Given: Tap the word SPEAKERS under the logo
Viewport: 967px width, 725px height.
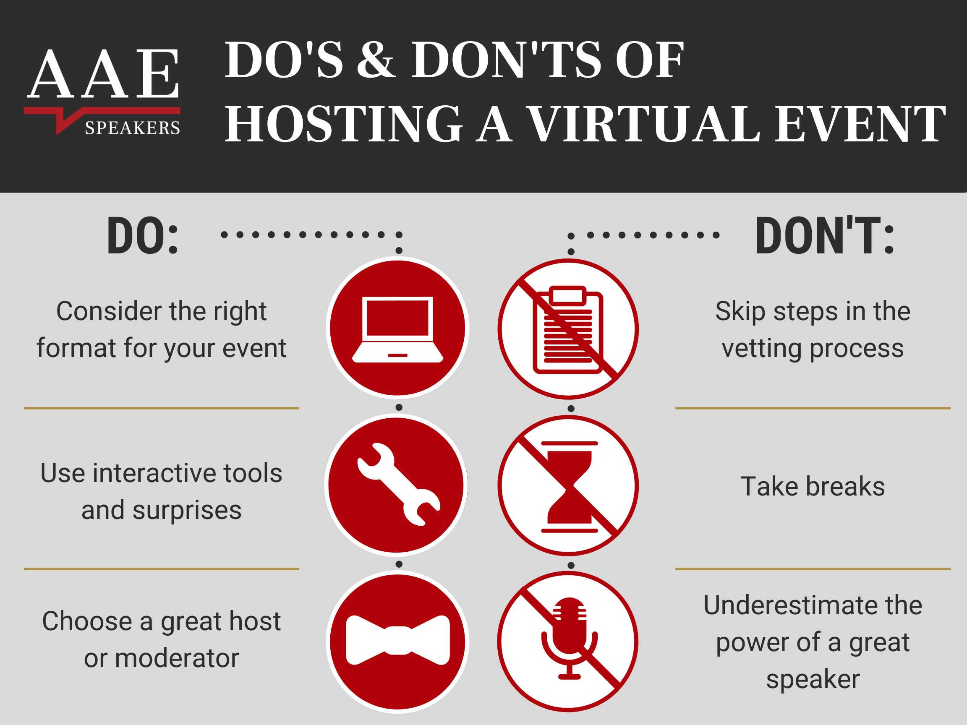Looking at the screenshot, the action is (133, 128).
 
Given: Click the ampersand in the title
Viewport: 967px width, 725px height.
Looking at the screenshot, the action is (376, 60).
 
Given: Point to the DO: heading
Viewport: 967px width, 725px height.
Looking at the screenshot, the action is (143, 235).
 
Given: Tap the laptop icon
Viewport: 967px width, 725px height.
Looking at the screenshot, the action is (397, 329).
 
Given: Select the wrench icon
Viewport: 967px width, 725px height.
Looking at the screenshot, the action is (399, 484).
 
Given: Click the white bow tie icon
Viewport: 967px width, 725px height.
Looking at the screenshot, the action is (398, 640).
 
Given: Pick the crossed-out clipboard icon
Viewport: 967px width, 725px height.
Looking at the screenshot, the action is (568, 329).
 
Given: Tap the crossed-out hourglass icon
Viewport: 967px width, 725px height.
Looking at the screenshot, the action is (568, 485).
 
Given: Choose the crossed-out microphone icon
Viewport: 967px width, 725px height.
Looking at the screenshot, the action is (567, 642).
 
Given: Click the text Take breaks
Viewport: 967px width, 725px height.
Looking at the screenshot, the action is (813, 486).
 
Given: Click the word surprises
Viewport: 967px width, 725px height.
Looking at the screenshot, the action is (187, 511).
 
